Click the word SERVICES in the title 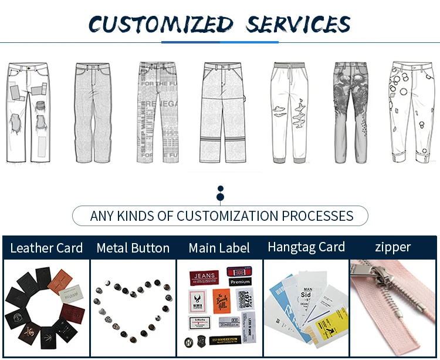pos(298,24)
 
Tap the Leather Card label pos(46,248)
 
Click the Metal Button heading pos(133,248)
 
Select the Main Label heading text pos(219,248)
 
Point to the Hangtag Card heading pos(306,247)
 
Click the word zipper pos(393,247)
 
